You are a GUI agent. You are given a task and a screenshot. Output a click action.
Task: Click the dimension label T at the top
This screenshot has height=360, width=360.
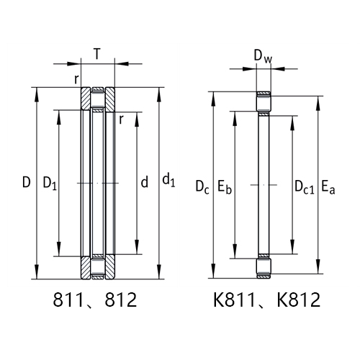click(x=96, y=53)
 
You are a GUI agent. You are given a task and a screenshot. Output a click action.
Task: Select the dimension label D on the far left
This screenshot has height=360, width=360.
click(x=26, y=183)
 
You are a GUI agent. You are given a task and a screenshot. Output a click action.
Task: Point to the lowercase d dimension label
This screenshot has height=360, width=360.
click(x=144, y=183)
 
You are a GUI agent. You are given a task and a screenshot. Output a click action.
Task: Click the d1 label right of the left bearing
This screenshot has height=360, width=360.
click(x=168, y=179)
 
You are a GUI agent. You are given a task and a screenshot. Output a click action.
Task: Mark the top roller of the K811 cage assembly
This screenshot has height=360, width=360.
click(x=264, y=103)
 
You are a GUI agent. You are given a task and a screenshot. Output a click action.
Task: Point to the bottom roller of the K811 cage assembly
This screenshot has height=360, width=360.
click(x=264, y=269)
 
